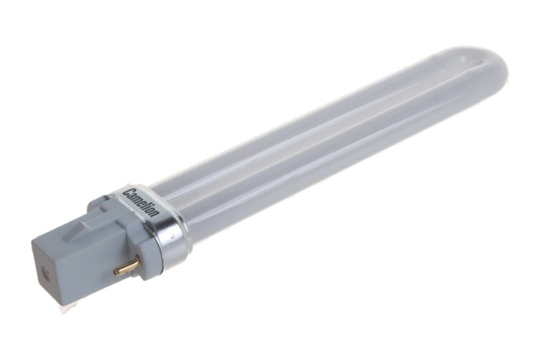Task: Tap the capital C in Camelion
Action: coord(128,191)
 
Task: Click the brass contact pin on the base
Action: coord(127,266)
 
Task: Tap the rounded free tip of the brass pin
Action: coord(116,272)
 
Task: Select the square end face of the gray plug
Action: coord(47,272)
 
